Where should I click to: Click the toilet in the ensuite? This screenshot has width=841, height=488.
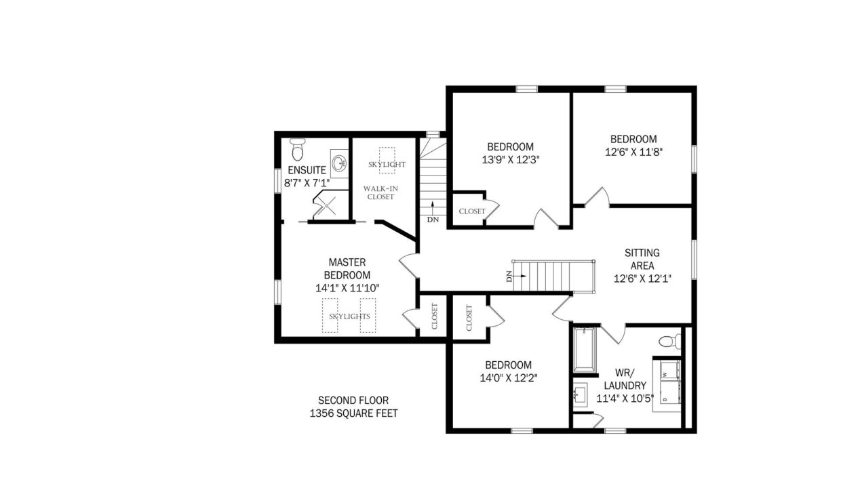coord(298,149)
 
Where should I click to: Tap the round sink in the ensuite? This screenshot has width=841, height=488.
coord(339,163)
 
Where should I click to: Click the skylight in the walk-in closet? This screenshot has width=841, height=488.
coord(387,160)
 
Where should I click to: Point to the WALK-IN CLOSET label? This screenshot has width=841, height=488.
coord(380,192)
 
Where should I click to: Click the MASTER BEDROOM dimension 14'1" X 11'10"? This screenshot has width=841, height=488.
coord(347,288)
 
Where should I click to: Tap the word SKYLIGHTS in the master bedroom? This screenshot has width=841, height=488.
coord(349,317)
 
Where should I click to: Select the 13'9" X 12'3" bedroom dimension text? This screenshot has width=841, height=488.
coord(511,160)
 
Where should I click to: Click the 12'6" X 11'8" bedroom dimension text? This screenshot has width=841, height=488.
coord(633,152)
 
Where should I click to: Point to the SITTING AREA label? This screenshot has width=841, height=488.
coord(642,259)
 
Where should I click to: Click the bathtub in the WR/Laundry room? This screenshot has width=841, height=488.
coord(585,350)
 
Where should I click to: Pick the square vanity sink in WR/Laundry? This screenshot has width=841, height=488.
coord(581,394)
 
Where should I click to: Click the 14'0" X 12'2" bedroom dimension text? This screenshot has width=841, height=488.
coord(509,378)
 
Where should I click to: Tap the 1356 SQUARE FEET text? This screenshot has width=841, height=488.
coord(353,413)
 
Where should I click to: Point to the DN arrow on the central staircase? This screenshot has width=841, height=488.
coord(518,276)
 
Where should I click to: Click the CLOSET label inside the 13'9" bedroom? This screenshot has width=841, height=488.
coord(472,211)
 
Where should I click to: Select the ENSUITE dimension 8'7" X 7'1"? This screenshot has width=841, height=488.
coord(307,184)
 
